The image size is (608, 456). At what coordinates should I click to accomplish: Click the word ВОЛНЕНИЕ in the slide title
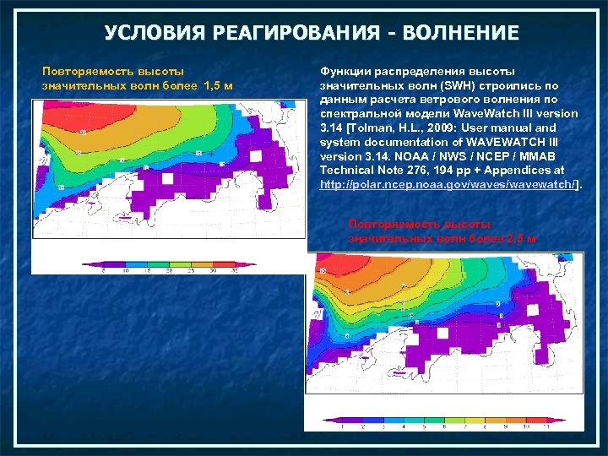461,34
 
